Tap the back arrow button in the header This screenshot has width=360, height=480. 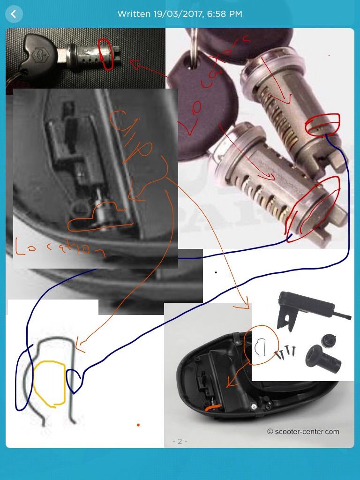point(13,14)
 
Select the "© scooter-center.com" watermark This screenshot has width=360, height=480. point(303,432)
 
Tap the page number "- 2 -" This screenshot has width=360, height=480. point(180,442)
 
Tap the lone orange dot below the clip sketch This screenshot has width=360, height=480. point(138,425)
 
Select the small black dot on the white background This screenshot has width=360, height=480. point(216,272)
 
